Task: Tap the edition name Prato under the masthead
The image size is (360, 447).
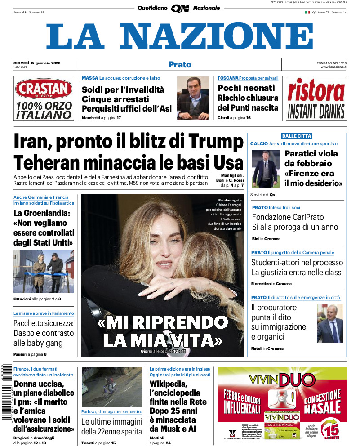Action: [180, 65]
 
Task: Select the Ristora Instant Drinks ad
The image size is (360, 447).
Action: [316, 98]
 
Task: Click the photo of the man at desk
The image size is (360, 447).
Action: [193, 98]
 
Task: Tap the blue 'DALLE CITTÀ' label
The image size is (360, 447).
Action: [296, 136]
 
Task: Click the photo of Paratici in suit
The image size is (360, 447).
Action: [265, 168]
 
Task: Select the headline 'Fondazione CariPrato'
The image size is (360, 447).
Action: [288, 217]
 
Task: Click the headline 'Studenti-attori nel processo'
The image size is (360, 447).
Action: [297, 262]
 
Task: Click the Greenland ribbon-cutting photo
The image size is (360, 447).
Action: [44, 271]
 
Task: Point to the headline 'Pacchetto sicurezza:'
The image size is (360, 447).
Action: [43, 323]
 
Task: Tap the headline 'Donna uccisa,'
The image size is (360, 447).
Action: [39, 384]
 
